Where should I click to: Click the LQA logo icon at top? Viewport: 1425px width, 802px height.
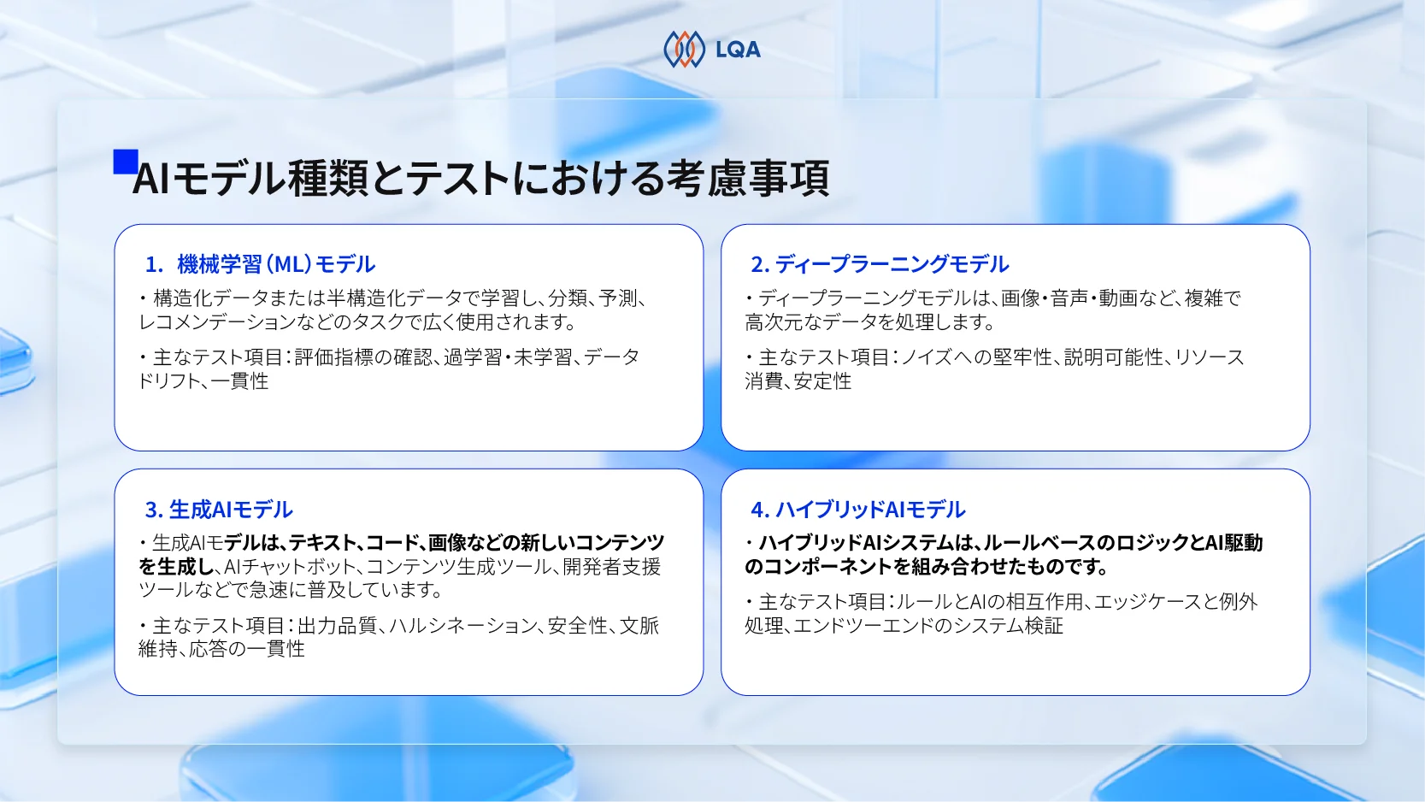click(684, 50)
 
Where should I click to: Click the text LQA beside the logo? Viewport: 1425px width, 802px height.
click(738, 50)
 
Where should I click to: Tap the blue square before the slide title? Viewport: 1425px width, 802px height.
click(126, 162)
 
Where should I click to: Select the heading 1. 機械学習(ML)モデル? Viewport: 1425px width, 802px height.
click(260, 264)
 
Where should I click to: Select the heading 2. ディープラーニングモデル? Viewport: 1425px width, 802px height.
click(880, 264)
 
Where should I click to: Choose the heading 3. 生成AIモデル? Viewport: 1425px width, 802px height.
click(219, 510)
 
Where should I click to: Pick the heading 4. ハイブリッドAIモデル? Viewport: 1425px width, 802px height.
click(857, 510)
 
